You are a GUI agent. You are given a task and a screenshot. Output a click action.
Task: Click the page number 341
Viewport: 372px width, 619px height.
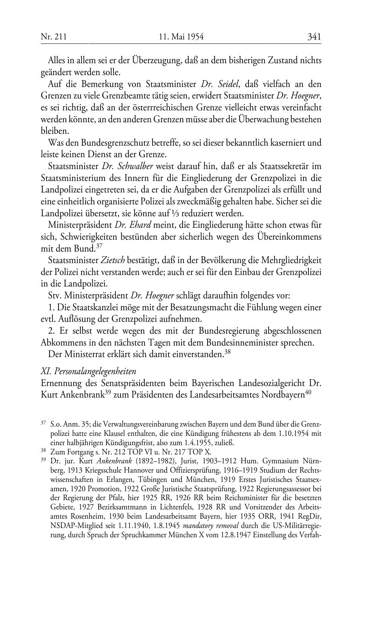[314, 37]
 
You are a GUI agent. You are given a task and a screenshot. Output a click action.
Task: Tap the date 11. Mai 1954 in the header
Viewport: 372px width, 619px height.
[181, 37]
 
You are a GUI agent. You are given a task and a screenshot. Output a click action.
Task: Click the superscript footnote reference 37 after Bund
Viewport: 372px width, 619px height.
[99, 246]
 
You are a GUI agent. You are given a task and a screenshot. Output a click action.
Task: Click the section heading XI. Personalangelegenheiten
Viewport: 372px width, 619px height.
[88, 371]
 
